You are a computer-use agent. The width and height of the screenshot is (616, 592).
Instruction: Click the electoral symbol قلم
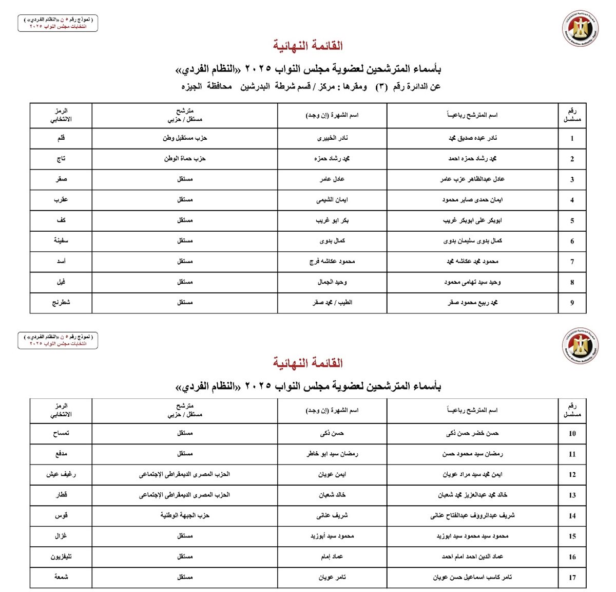pos(61,138)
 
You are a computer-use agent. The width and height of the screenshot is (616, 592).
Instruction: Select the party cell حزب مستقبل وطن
pos(185,138)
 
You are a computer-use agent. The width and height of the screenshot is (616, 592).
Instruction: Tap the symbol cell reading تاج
pos(61,159)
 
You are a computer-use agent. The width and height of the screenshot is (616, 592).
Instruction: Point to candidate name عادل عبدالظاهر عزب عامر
pos(472,179)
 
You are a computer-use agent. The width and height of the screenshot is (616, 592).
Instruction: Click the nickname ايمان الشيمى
pos(332,200)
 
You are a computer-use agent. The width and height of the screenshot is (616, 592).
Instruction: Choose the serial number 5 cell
pos(572,221)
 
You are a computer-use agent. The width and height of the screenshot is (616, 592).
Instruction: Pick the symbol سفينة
pos(61,240)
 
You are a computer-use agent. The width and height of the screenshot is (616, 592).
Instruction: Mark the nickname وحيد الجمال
pos(332,282)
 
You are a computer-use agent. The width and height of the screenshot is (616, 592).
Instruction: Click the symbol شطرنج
pos(61,303)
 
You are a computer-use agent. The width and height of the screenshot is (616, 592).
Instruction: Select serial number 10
pos(572,434)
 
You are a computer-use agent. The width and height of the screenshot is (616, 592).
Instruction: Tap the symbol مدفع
pos(61,454)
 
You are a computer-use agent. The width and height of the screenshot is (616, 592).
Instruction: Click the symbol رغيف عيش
pos(61,474)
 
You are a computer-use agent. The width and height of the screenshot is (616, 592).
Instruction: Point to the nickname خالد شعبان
pos(332,495)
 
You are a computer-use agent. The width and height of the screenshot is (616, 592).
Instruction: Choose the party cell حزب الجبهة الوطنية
pos(185,515)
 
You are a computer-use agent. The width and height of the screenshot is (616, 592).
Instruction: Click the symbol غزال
pos(61,536)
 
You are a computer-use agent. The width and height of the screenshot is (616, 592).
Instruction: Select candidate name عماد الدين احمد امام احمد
pos(472,557)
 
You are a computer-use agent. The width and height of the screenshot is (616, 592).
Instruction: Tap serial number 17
pos(572,578)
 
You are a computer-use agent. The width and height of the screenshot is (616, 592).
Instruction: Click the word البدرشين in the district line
pos(255,86)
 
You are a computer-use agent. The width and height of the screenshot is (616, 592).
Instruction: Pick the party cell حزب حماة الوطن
pos(185,159)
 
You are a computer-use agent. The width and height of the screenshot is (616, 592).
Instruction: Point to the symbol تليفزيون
pos(61,557)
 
